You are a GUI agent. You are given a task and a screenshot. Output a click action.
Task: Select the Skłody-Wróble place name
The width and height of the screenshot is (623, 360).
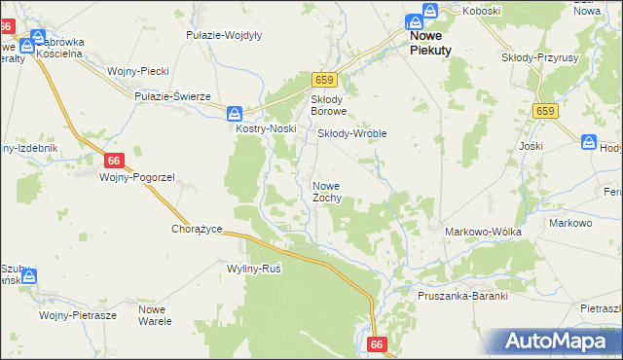coord(352,133)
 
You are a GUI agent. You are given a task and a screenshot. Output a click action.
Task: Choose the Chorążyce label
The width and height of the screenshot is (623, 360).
coord(198,230)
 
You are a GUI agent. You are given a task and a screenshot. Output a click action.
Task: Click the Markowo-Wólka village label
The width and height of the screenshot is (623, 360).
coord(483,232)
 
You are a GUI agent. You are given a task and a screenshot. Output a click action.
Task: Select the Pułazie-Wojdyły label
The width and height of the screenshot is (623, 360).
coord(224,35)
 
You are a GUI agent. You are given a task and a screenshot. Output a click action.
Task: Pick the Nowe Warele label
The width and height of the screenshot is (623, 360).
coord(155,314)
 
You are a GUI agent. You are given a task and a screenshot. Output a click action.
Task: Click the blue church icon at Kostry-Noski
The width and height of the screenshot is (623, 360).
coord(236,113)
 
